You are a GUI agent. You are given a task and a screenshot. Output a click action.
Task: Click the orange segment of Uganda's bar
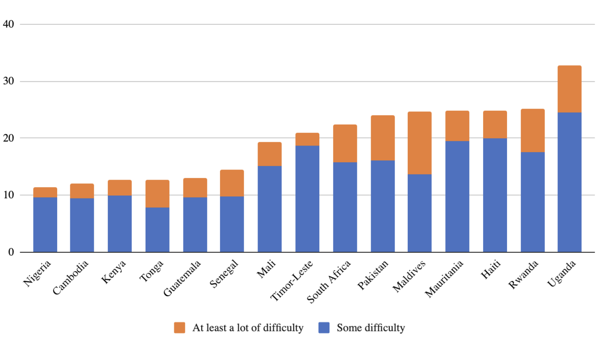coord(569,89)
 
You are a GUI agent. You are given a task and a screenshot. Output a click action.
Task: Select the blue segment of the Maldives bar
coord(420,213)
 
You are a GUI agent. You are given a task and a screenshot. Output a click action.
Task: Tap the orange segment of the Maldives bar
coord(420,143)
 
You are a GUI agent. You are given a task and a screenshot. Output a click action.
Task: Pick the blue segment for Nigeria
coord(45,225)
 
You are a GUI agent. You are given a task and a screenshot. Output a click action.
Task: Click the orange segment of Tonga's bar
coord(157,193)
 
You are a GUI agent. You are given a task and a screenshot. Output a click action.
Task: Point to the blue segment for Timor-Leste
coord(307,199)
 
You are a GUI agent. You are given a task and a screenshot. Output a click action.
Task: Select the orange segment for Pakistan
coord(383,138)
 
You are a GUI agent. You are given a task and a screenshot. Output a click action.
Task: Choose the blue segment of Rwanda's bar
coord(532,202)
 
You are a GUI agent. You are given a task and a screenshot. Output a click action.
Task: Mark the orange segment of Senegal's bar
coord(232,183)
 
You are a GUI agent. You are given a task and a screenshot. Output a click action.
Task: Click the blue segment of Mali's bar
coord(269,209)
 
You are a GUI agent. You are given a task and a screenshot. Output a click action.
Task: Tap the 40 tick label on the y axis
coord(8,24)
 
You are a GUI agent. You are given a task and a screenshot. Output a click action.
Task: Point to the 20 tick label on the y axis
coord(8,138)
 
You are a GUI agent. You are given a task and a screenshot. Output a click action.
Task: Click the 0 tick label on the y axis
coord(11,252)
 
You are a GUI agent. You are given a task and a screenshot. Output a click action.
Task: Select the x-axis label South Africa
coord(329,281)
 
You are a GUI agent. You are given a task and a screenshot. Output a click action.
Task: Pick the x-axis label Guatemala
coord(182,278)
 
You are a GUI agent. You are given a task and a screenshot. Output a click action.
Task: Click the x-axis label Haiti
coord(491,269)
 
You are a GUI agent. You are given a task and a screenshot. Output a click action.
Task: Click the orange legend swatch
coord(180,328)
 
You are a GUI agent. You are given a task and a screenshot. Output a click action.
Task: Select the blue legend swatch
coord(324,328)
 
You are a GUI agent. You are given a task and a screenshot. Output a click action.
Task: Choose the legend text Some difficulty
coord(371,328)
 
